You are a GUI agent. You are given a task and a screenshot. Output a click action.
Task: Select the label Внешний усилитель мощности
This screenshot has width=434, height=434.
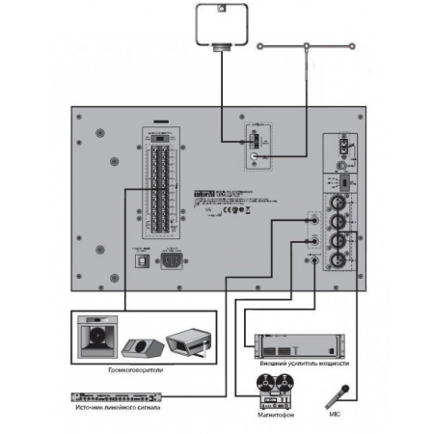click(305, 366)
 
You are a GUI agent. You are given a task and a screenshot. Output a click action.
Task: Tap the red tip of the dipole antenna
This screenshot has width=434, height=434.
click(355, 43)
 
